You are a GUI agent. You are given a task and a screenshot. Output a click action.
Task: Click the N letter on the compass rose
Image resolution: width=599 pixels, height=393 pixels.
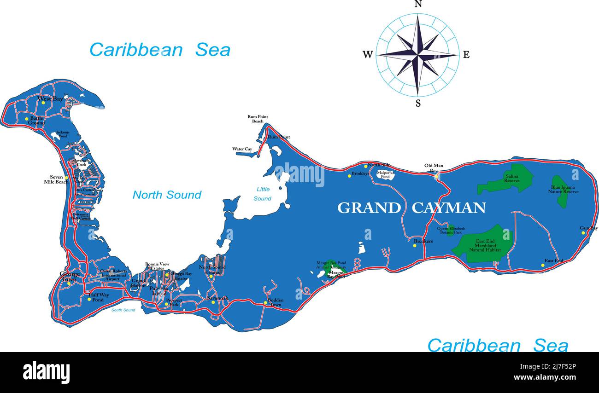coord(418,4)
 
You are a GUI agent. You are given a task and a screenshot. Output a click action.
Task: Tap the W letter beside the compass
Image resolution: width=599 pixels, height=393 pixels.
coord(367,55)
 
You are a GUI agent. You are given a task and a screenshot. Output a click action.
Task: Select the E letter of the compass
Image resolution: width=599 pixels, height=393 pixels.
coord(466,55)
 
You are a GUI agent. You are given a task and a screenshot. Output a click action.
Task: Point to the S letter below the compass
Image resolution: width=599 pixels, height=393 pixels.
coord(418,104)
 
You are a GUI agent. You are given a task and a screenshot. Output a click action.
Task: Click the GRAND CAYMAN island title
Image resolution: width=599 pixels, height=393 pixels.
coord(411,208)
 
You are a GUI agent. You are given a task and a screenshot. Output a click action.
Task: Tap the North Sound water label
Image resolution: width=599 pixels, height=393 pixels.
coord(167,195)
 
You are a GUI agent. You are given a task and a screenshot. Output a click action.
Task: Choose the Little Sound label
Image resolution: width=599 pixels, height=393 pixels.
coord(263,194)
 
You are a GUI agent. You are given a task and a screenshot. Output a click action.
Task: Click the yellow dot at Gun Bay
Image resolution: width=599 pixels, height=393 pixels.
coord(583,233)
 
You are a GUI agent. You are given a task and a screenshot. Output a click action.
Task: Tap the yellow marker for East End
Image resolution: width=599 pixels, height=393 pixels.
coord(542,265)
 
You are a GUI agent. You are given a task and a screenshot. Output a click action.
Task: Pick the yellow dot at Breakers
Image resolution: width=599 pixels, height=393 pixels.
coord(414,246)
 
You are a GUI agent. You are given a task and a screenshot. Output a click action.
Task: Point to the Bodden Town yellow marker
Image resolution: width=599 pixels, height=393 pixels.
coord(265,302)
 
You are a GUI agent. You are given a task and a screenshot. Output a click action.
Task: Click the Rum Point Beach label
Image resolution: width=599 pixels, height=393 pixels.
coord(258,119)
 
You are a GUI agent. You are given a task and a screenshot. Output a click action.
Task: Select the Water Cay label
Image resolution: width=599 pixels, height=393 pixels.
coord(242,149)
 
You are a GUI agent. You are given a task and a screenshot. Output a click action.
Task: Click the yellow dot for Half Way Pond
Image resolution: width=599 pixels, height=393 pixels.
coord(89,299)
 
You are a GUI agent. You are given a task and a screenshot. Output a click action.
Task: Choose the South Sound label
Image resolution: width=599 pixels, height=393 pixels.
coord(123,310)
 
